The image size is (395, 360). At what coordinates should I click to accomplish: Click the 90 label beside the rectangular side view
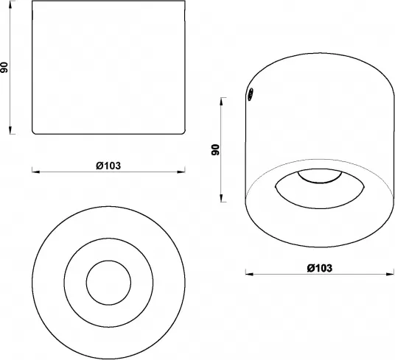click(6, 68)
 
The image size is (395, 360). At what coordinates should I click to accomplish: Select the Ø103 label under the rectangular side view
click(108, 166)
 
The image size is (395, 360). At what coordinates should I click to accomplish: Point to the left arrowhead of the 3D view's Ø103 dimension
click(248, 274)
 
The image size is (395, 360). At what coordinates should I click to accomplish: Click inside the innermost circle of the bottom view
click(108, 281)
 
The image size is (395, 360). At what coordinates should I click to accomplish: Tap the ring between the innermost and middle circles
click(108, 248)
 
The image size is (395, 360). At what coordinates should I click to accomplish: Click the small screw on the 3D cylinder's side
click(250, 94)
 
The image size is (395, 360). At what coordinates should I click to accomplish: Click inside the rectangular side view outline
click(108, 70)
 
